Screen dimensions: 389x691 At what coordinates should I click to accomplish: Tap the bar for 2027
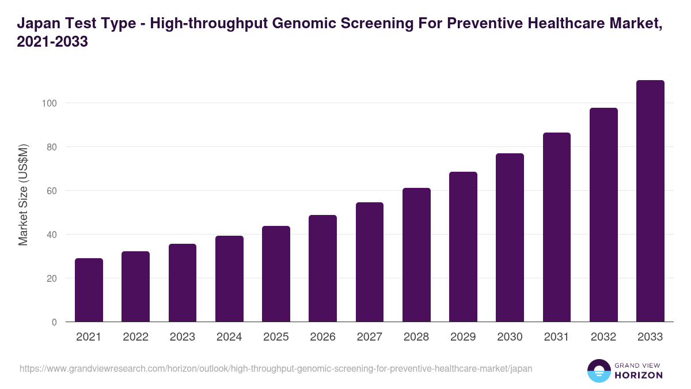370,262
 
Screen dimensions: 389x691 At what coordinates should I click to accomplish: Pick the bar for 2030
510,237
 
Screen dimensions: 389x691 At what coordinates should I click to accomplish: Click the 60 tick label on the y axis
52,191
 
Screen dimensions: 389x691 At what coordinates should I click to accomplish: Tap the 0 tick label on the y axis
54,322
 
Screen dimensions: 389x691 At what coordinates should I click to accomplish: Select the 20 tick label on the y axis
52,278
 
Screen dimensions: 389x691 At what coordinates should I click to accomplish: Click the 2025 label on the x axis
276,337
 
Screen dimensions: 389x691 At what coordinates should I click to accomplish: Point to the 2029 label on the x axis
463,337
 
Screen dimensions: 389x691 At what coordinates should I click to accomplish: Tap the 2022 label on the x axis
135,337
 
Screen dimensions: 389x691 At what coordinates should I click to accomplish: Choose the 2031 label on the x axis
557,337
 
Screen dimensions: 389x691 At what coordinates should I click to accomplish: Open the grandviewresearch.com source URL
276,368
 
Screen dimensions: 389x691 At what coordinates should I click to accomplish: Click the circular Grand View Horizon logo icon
599,371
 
